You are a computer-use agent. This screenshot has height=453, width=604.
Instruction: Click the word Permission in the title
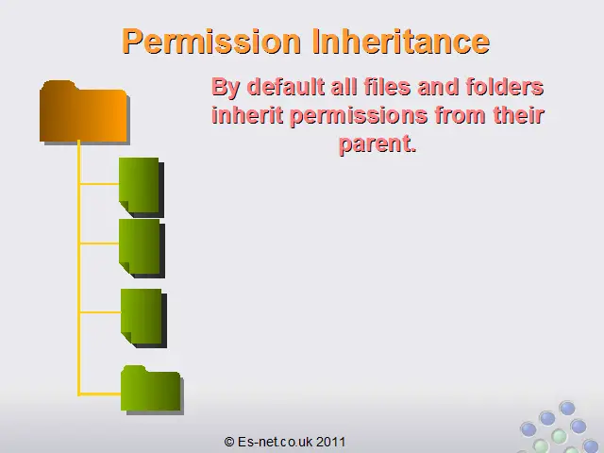pyautogui.click(x=211, y=42)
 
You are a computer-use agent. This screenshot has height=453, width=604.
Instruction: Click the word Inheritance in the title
pyautogui.click(x=400, y=41)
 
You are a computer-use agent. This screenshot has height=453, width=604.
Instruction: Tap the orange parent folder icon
pyautogui.click(x=84, y=112)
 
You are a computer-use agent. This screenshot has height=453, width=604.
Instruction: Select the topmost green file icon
pyautogui.click(x=141, y=187)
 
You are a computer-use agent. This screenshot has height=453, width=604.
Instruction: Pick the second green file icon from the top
pyautogui.click(x=142, y=248)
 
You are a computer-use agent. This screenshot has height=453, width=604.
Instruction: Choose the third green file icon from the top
pyautogui.click(x=143, y=318)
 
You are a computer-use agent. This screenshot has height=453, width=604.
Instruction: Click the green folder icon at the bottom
pyautogui.click(x=152, y=390)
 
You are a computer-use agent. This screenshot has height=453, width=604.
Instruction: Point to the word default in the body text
pyautogui.click(x=285, y=87)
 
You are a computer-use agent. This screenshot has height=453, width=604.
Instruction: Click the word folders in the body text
pyautogui.click(x=505, y=87)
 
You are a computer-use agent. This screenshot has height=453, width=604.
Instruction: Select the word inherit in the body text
pyautogui.click(x=247, y=115)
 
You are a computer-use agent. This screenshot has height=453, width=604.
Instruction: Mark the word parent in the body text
pyautogui.click(x=377, y=145)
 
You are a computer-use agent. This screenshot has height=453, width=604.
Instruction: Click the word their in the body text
pyautogui.click(x=518, y=115)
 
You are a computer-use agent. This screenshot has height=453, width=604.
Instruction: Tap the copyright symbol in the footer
pyautogui.click(x=229, y=442)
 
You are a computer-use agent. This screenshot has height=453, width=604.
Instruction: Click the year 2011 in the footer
pyautogui.click(x=331, y=442)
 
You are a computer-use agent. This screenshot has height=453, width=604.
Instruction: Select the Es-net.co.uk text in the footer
pyautogui.click(x=276, y=442)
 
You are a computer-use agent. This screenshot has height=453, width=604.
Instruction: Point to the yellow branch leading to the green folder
pyautogui.click(x=99, y=394)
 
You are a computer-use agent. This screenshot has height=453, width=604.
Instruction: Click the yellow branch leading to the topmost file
pyautogui.click(x=99, y=184)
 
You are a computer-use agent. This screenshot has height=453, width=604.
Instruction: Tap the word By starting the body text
pyautogui.click(x=226, y=88)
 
